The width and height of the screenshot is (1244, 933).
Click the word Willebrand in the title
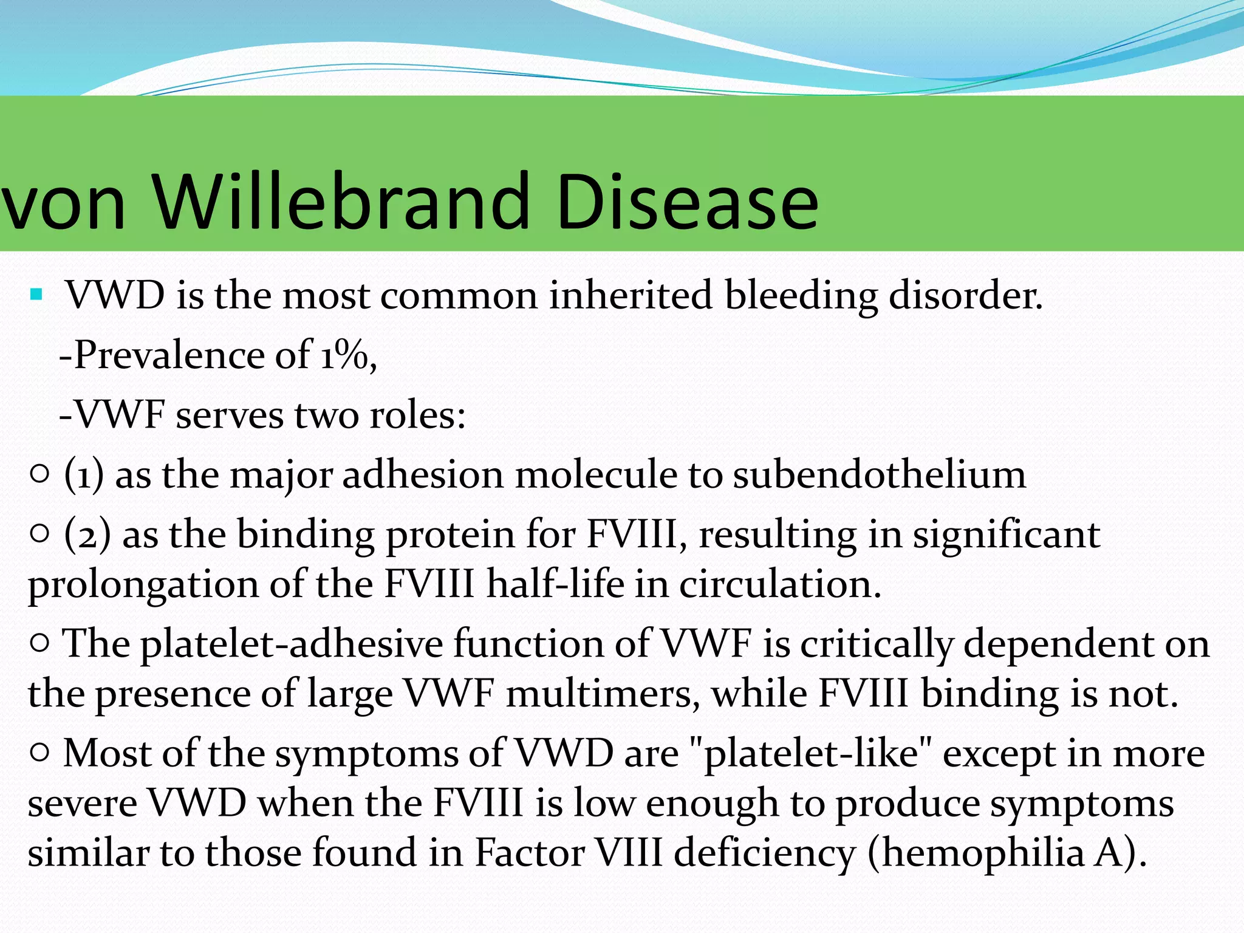tap(340, 202)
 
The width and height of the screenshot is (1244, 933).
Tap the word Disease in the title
tap(686, 202)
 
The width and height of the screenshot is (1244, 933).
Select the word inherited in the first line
tap(630, 296)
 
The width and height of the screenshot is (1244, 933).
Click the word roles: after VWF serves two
tap(417, 415)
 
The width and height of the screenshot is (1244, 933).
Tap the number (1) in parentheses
tap(84, 475)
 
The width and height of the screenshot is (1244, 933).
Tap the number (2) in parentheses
tap(87, 535)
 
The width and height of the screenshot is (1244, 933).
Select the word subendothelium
tap(879, 475)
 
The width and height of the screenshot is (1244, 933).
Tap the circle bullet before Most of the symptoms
tap(39, 753)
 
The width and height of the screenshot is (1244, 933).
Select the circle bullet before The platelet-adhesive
tap(39, 643)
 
